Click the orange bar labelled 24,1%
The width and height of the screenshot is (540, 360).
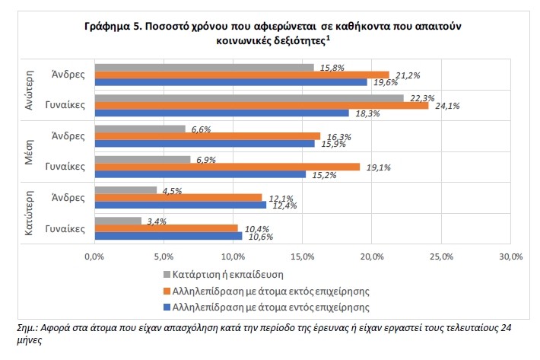point(261,105)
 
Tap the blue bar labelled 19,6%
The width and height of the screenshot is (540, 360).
point(230,82)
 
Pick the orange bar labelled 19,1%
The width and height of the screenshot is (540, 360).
point(226,167)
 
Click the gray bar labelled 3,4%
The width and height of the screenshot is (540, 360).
point(117,221)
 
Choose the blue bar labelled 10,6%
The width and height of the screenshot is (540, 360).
point(167,236)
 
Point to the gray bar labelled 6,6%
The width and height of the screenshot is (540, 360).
point(139,129)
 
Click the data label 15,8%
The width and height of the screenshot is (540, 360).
point(332,68)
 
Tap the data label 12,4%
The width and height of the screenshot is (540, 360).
point(283,205)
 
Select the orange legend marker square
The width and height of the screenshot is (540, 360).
point(167,291)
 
